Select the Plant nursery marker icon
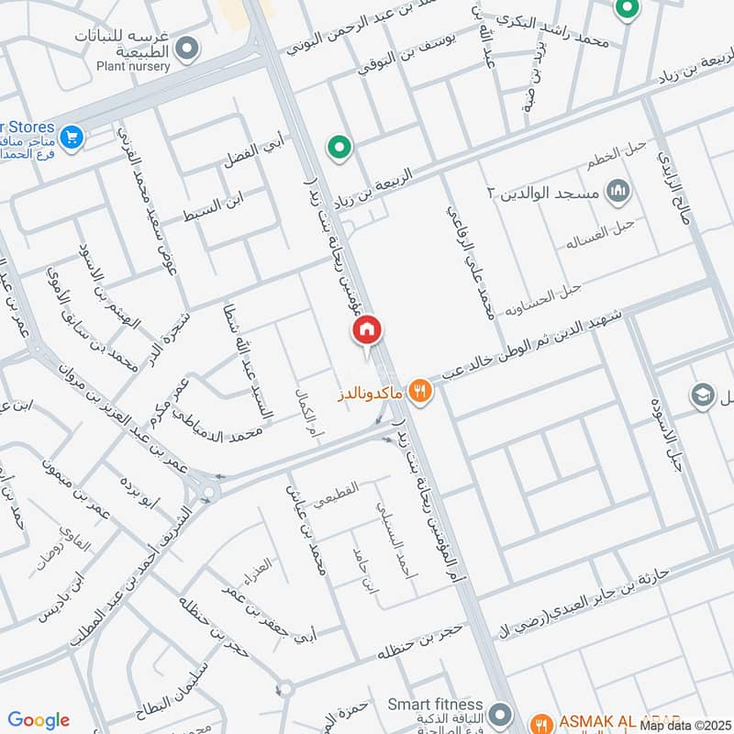click(x=188, y=48)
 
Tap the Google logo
click(x=39, y=720)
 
